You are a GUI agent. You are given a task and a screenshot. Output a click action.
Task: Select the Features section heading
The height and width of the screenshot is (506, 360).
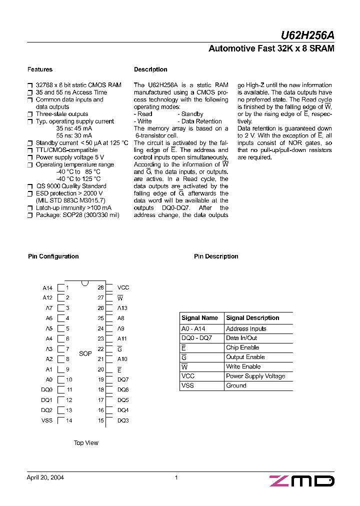coord(40,69)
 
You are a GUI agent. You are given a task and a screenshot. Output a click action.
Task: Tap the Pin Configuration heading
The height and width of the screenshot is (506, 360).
coord(53,256)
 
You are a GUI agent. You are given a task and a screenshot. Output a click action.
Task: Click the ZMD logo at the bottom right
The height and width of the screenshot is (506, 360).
coord(302,481)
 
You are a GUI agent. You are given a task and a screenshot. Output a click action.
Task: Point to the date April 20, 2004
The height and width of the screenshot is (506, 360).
coord(45,477)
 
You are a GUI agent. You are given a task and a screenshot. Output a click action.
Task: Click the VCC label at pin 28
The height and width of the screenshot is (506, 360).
coord(123,287)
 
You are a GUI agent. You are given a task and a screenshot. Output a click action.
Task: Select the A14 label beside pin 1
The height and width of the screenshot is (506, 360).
coord(47,288)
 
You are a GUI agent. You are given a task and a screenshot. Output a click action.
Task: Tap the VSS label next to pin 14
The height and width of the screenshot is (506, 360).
coord(47,420)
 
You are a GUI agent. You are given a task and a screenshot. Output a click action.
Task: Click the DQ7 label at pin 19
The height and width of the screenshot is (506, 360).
coord(123,379)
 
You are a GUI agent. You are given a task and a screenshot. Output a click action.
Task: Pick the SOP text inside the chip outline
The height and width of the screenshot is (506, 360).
coord(85,354)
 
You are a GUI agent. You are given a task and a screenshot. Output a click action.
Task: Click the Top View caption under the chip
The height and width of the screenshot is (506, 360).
coord(86,443)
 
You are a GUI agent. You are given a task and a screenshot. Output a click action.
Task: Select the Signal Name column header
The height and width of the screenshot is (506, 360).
coord(200,318)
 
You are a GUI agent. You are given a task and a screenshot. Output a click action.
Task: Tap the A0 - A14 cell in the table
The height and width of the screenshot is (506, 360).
coord(193,329)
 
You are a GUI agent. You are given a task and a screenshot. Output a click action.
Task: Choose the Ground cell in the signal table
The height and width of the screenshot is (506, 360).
coord(236,385)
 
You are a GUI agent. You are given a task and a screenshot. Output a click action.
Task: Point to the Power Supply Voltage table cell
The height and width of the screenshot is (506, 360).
coord(255,376)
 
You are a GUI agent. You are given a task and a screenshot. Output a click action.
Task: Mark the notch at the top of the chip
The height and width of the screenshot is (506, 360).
coord(85,283)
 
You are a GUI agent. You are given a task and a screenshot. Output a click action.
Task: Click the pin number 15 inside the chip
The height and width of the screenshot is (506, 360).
coord(101,420)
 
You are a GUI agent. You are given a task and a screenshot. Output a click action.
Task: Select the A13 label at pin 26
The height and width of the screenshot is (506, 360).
coord(122,308)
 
